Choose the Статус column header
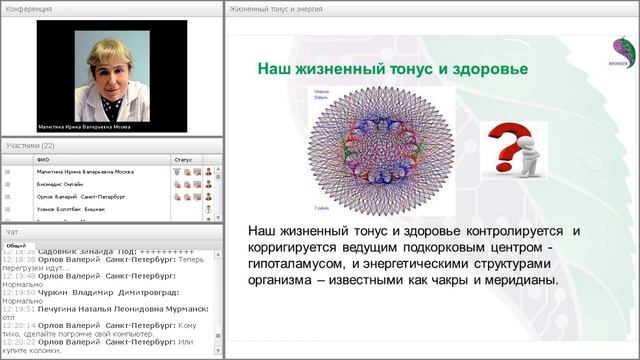point(182,158)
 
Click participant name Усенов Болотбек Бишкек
point(71,210)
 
